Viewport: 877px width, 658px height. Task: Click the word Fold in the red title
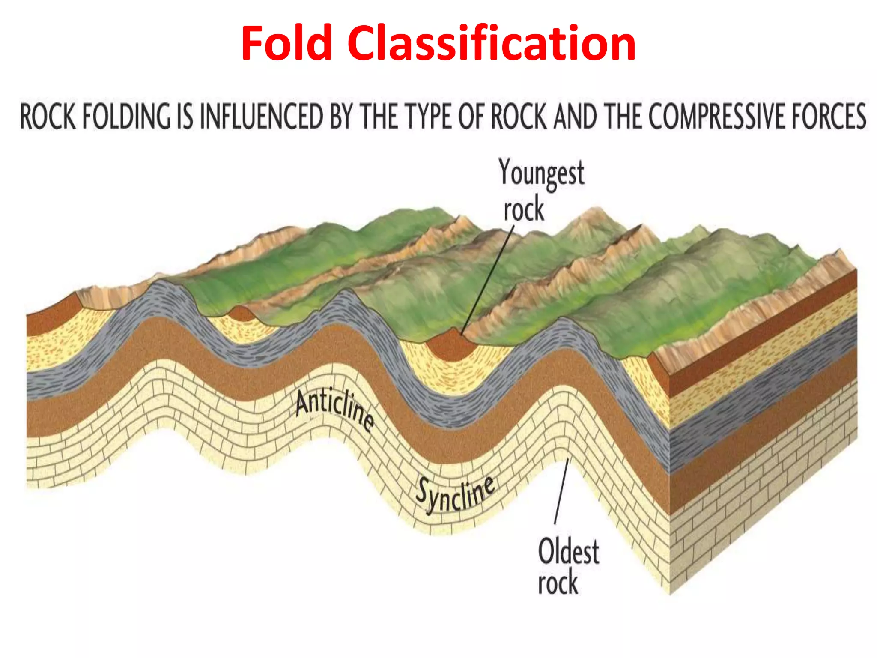tap(287, 44)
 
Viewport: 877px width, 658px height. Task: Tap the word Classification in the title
tap(491, 44)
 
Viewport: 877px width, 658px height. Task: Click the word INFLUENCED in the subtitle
tap(261, 117)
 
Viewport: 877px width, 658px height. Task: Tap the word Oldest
tap(568, 551)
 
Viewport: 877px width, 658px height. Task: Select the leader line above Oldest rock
tap(561, 491)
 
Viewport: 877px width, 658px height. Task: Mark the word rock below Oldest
tap(558, 583)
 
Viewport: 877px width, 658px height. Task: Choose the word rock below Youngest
tap(523, 210)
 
